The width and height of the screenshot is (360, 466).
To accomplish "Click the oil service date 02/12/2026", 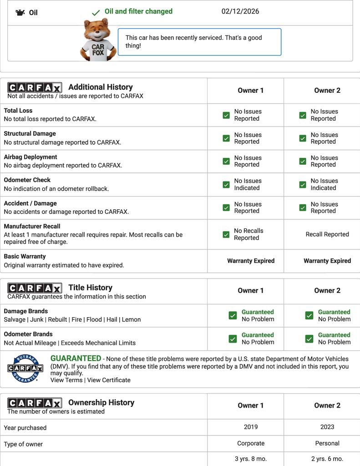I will [x=240, y=11].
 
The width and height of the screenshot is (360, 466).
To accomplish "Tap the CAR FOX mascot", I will [x=98, y=40].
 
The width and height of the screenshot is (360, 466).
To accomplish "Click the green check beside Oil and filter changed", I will [x=96, y=13].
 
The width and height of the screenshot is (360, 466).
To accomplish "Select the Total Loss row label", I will [x=18, y=111].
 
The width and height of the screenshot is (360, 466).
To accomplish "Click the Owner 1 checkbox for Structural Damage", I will [x=226, y=138].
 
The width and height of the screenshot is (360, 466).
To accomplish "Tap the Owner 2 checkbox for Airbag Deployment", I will [x=303, y=162].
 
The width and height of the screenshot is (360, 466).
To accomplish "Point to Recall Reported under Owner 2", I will [x=327, y=234].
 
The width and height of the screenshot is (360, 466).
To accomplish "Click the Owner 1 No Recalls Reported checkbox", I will [x=226, y=234].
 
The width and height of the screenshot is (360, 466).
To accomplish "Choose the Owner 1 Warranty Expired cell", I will [x=251, y=261].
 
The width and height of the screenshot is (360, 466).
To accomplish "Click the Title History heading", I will [x=90, y=288].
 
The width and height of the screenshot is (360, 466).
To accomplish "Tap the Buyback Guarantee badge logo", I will [x=25, y=368].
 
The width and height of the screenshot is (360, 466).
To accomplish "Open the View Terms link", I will [x=66, y=380].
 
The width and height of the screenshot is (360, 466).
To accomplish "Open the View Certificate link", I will [x=109, y=380].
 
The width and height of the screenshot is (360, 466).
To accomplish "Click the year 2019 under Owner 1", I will [x=251, y=427].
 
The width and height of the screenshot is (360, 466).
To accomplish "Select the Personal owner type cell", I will [x=327, y=443].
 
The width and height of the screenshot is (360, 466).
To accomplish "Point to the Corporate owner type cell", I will [x=251, y=443].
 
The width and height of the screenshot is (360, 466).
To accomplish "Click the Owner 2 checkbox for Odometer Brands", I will [x=309, y=339].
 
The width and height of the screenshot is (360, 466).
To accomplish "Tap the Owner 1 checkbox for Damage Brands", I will [x=233, y=315].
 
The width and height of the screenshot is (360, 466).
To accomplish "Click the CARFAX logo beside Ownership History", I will [x=35, y=403].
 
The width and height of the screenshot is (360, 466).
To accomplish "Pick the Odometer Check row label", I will [x=27, y=180].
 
